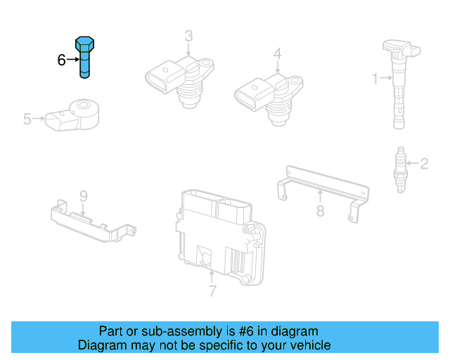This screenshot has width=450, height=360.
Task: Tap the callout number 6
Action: point(61,60)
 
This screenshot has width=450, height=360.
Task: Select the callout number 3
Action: point(188,36)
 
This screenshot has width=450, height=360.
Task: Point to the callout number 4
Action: point(278,53)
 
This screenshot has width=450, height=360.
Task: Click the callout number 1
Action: point(374,77)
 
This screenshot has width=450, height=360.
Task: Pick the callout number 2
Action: point(423,165)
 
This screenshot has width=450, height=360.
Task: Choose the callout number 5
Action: point(27,120)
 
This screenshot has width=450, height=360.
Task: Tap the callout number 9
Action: point(82,195)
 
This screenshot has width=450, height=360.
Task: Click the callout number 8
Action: point(320,210)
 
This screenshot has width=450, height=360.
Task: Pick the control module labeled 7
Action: point(218,236)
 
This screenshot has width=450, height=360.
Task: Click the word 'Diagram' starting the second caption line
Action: point(102,345)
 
